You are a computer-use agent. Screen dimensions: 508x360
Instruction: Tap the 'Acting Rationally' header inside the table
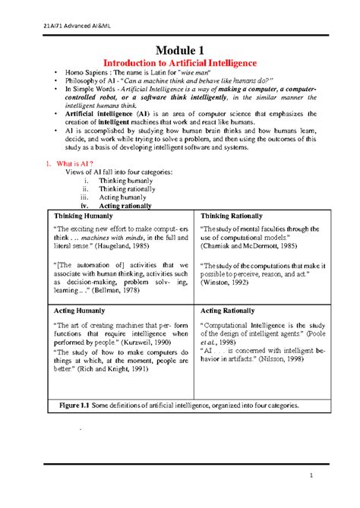[232, 311]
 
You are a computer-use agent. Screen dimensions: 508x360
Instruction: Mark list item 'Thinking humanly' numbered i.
[120, 180]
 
